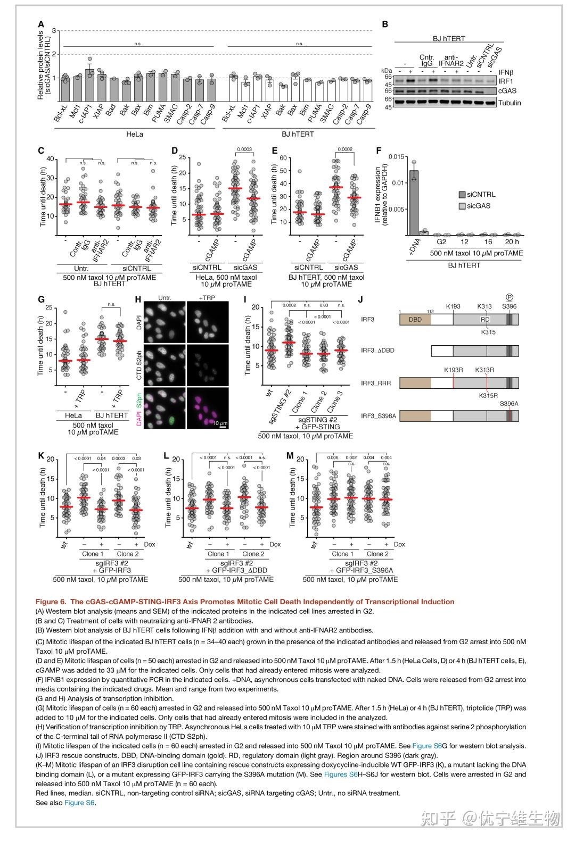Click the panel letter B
click(385, 24)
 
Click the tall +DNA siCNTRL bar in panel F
click(414, 203)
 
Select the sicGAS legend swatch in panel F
click(462, 206)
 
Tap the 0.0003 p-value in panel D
click(245, 150)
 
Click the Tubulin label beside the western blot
click(510, 103)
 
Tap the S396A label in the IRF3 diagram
click(509, 404)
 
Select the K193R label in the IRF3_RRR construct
click(454, 370)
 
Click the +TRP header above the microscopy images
click(207, 298)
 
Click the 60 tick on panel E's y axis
click(283, 158)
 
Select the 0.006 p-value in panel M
click(333, 457)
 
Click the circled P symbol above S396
click(509, 298)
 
